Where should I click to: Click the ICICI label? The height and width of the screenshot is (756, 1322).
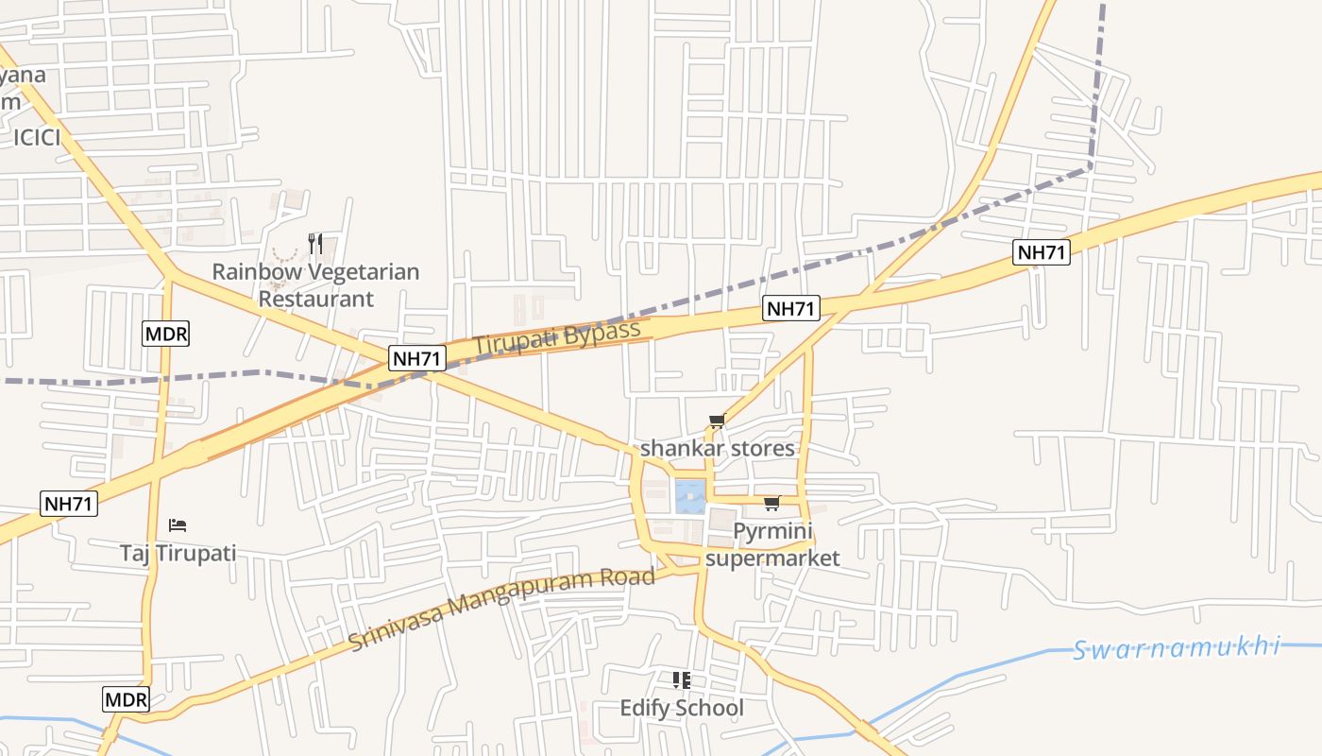(x=37, y=138)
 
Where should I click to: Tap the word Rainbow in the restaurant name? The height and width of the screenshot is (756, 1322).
(x=249, y=272)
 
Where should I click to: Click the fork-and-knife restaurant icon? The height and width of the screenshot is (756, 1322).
(x=315, y=244)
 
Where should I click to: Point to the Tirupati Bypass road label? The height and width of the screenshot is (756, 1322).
(x=557, y=338)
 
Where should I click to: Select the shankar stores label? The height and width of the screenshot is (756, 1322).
(x=718, y=448)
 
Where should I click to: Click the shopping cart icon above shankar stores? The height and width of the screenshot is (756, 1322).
(x=717, y=421)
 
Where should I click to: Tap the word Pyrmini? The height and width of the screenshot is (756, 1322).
(x=772, y=531)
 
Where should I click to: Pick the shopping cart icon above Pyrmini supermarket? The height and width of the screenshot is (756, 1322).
(x=772, y=503)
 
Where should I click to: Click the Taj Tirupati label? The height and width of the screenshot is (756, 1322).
(x=178, y=553)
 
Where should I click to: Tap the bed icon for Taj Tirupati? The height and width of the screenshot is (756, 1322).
(x=178, y=525)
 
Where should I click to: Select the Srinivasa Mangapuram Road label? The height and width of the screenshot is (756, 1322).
(x=501, y=609)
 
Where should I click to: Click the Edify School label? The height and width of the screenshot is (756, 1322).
(x=682, y=708)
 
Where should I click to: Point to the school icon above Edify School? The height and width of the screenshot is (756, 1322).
(x=682, y=680)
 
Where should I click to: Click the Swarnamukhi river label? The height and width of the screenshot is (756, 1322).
(x=1177, y=649)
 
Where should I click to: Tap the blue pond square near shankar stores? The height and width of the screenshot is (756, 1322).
(x=690, y=496)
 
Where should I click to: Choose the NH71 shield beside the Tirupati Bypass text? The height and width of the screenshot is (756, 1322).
(x=416, y=358)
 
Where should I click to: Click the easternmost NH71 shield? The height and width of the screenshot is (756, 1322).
(x=1042, y=252)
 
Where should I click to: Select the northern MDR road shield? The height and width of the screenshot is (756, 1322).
(x=166, y=333)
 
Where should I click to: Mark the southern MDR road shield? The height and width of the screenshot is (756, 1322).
(x=127, y=699)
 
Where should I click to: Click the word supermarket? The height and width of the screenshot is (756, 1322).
(x=772, y=558)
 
